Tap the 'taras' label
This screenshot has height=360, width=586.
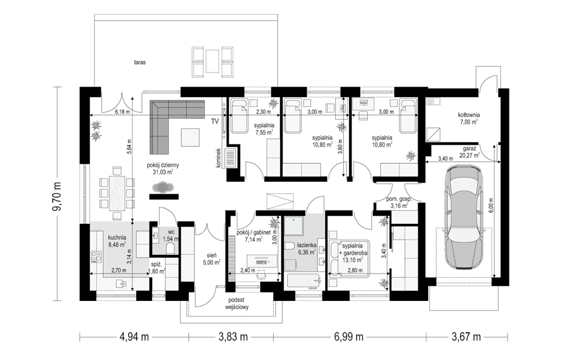click(x=139, y=61)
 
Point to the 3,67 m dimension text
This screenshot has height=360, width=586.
click(x=466, y=337)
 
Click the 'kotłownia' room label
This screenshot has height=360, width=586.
click(x=468, y=115)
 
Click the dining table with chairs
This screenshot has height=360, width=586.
click(x=117, y=190)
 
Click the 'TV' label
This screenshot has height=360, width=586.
click(x=216, y=121)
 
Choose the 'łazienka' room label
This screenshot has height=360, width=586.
click(x=306, y=245)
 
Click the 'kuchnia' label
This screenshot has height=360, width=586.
click(x=118, y=237)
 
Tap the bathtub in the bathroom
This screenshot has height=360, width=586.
click(x=303, y=282)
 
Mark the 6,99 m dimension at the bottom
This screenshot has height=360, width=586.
click(x=349, y=337)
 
